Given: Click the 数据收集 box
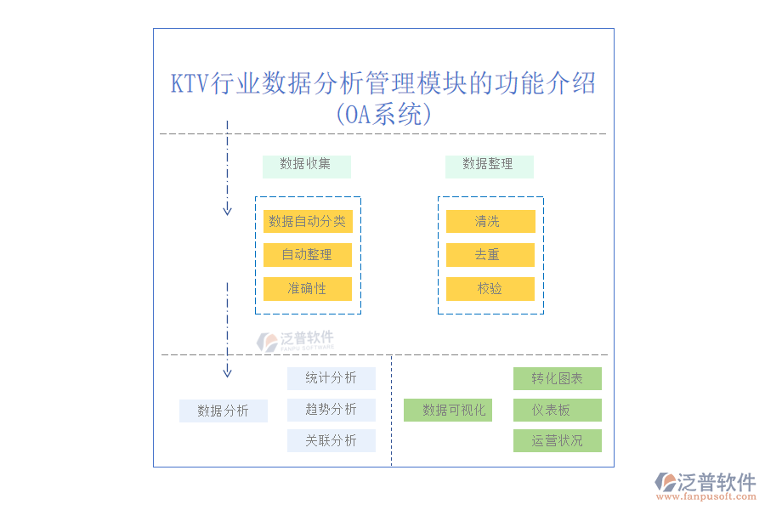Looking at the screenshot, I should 306,166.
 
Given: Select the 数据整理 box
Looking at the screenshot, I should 489,166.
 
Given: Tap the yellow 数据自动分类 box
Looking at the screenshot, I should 308,222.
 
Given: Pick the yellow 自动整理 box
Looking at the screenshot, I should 308,255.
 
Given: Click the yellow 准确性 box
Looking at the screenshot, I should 308,289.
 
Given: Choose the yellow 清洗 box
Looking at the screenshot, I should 490,222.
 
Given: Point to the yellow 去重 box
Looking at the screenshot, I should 490,255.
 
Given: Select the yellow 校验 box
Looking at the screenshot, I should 490,289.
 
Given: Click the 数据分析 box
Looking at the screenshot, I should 223,411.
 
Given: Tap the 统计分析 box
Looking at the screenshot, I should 331,378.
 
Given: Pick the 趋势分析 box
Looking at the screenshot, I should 331,410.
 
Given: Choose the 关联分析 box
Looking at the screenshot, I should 331,441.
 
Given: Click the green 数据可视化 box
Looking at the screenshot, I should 447,411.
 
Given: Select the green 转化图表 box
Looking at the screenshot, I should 557,378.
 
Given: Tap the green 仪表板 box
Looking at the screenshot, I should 557,411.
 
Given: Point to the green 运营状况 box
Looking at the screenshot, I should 557,441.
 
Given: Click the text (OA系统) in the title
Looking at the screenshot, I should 383,114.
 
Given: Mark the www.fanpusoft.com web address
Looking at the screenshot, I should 705,496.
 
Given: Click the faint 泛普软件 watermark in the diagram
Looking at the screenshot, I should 297,340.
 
